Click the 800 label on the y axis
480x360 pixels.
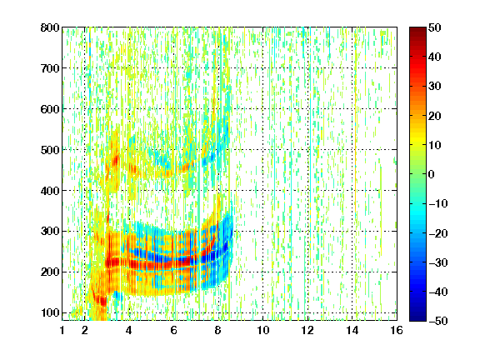pos(50,27)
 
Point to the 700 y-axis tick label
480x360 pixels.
pos(50,68)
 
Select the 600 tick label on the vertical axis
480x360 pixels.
pos(50,109)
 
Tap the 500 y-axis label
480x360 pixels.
pos(50,150)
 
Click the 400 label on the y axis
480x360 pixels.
pos(50,191)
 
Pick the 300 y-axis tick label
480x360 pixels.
pos(50,232)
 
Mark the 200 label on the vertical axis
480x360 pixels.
pos(50,272)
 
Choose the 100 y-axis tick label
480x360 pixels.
pos(50,312)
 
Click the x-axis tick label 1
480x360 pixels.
pos(62,330)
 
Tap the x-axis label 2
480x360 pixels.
pos(85,330)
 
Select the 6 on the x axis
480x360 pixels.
pos(173,330)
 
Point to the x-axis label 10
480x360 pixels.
pos(262,330)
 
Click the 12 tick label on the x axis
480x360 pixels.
pos(307,330)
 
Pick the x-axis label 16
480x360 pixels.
pos(397,330)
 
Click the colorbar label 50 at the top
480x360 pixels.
pos(434,27)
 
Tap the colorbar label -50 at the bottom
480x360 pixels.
pos(437,321)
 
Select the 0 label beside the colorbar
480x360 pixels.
pos(432,174)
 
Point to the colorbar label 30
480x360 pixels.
pos(434,87)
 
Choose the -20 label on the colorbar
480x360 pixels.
pos(437,233)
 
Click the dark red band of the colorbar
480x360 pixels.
pos(417,33)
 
